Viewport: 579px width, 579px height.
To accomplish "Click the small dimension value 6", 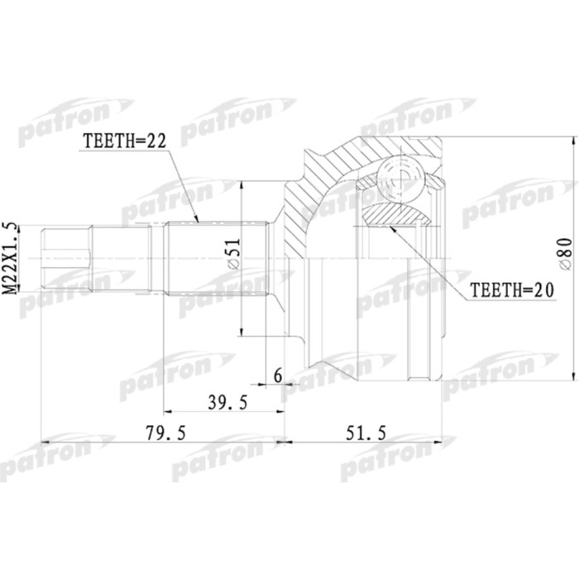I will coord(277,376).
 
